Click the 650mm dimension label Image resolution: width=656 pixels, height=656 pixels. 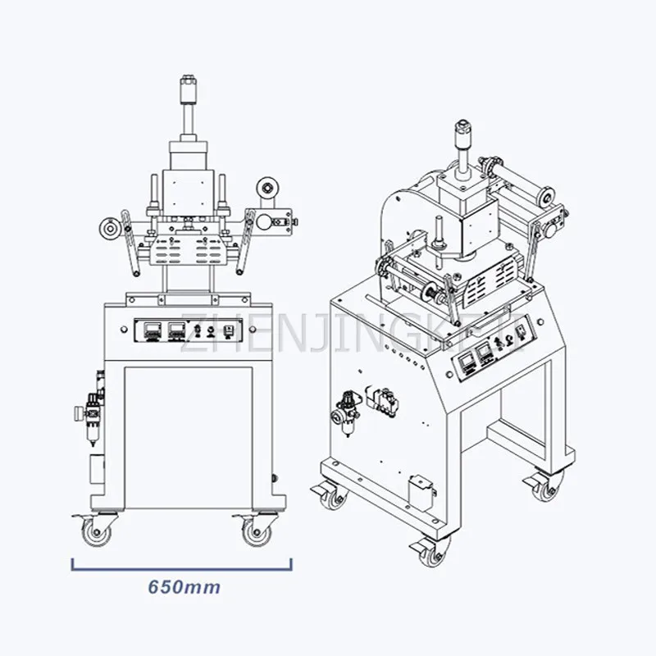point(184,587)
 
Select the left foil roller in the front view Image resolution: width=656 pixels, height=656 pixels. point(107,228)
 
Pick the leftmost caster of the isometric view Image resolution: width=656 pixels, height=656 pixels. point(333,494)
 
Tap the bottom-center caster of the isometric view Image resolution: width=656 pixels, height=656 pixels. point(429,553)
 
